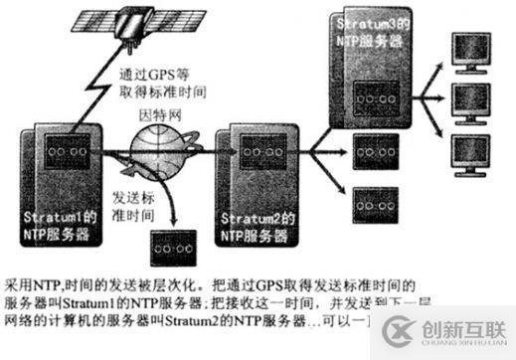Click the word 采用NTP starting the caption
pyautogui.click(x=29, y=270)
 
